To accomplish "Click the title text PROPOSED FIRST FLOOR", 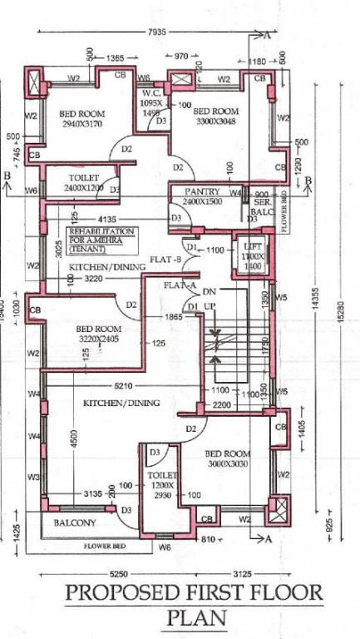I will tap(193, 593).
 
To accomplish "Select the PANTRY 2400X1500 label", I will tap(203, 196).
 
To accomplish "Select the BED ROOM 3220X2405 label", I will tap(99, 334).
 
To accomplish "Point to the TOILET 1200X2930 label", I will tap(164, 483).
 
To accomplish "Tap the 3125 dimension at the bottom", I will tap(242, 574).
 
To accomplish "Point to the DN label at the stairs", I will tap(209, 292).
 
